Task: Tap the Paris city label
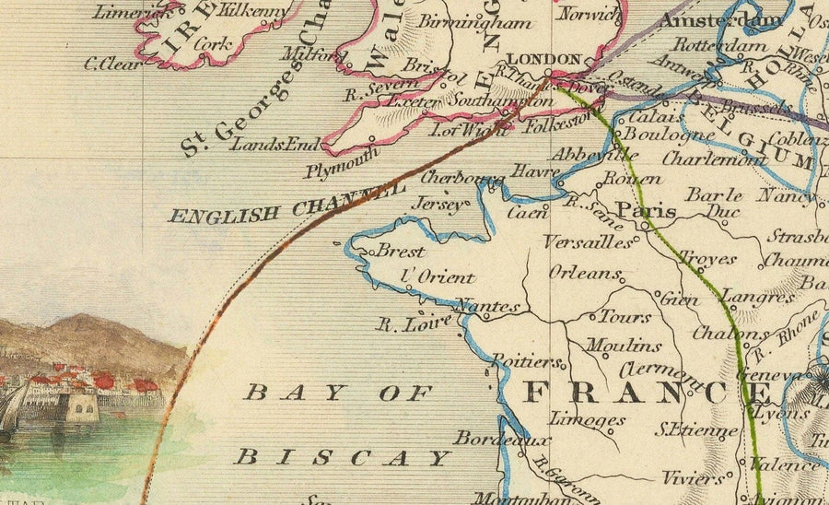[646, 211]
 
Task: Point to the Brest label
[400, 252]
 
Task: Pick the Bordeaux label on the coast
[488, 438]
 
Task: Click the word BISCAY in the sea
[343, 457]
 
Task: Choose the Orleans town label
[585, 272]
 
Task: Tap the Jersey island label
[438, 204]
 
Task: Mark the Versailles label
[588, 242]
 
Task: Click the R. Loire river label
[414, 323]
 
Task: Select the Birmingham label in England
[474, 23]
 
